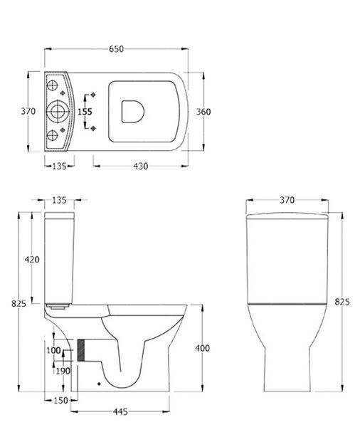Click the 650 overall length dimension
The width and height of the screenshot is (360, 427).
coord(116,49)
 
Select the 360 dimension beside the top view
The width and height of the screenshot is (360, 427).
coord(203,112)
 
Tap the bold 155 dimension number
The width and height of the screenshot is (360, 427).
coord(85,112)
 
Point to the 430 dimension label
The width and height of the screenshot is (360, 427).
coord(141,166)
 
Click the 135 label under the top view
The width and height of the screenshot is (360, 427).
coord(59,166)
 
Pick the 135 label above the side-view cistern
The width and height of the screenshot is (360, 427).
coord(59,200)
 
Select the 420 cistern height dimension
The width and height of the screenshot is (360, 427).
coord(32,260)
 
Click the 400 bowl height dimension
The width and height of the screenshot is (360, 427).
coord(202,348)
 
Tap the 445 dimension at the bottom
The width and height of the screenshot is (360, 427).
coord(120,412)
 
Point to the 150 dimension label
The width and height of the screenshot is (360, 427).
coord(60,400)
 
